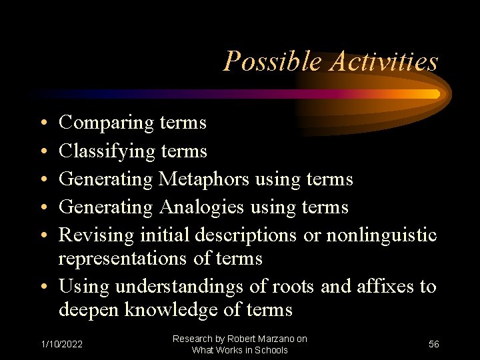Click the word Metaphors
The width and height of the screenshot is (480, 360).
pos(203,179)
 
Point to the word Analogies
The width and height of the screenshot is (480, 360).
pos(202,207)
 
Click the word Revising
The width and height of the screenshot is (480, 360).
pos(97,235)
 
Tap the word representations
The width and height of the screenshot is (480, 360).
pos(123,259)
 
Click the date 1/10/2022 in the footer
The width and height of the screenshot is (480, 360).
pos(62,344)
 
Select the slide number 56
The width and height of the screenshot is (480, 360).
pos(434,344)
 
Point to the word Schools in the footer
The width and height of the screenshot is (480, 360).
pos(271,350)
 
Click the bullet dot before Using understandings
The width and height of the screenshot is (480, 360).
pos(42,287)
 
